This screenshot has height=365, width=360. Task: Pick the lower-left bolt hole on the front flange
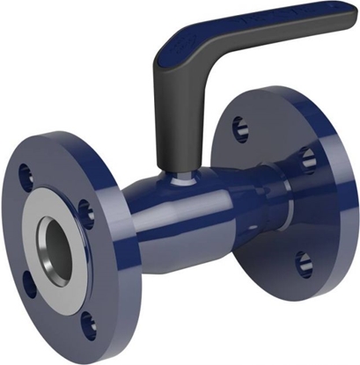pyautogui.click(x=29, y=283)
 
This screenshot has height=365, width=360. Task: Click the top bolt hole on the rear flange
pyautogui.click(x=240, y=128)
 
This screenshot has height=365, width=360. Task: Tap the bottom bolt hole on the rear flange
pyautogui.click(x=303, y=261)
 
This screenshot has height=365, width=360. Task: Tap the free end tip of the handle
pyautogui.click(x=349, y=19)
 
